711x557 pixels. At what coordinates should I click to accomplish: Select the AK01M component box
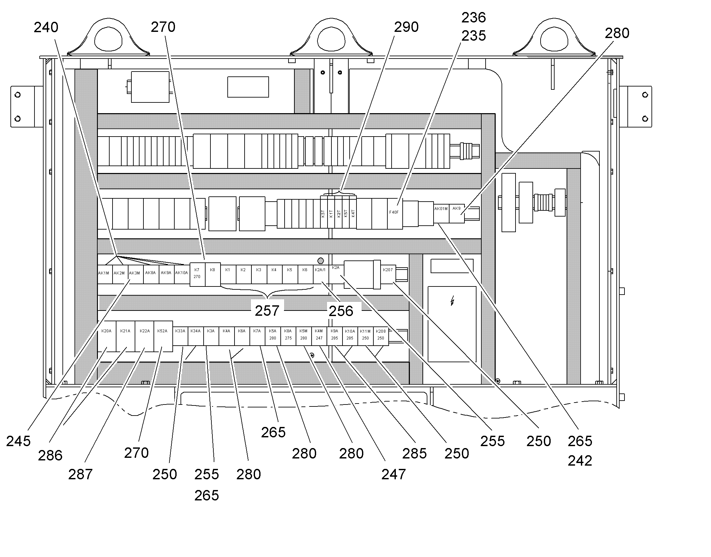[x=441, y=214]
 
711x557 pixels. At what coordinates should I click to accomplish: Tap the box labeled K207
[x=388, y=274]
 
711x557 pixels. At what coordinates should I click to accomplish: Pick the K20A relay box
[x=107, y=336]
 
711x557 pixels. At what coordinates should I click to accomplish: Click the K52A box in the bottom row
[x=163, y=336]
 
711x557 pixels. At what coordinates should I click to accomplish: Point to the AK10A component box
[x=182, y=274]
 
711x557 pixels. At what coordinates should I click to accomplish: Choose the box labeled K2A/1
[x=321, y=274]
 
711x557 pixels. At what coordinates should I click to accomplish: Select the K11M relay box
[x=365, y=336]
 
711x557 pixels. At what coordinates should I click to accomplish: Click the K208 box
[x=381, y=336]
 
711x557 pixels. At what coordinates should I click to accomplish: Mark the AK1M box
[x=105, y=274]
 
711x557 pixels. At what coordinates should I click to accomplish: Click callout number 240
[x=46, y=27]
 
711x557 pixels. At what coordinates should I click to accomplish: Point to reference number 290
[x=406, y=27]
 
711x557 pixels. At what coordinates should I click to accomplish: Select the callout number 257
[x=267, y=311]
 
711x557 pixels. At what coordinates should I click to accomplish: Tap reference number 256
[x=341, y=311]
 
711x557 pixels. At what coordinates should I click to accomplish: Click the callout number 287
[x=80, y=474]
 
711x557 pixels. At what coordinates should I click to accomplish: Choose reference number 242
[x=580, y=461]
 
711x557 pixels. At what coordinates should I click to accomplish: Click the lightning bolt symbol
[x=452, y=301]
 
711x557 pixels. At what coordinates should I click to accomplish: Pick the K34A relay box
[x=196, y=336]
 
